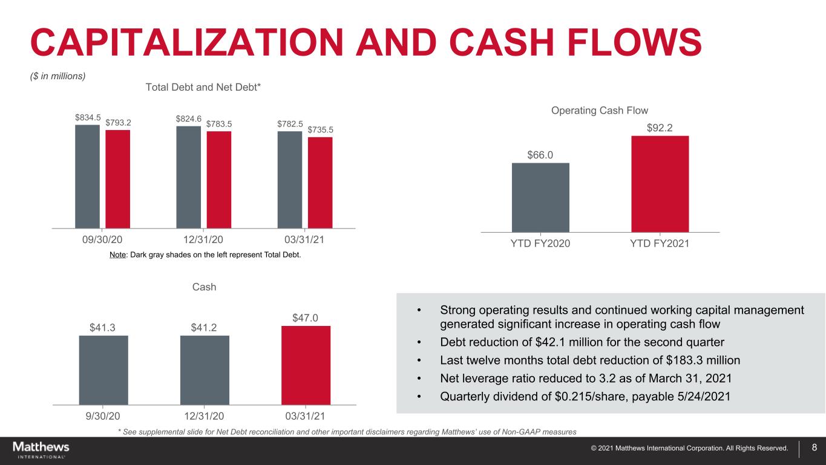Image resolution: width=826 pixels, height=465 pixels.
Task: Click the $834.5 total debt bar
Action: [87, 176]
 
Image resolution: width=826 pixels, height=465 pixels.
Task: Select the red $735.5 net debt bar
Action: [320, 182]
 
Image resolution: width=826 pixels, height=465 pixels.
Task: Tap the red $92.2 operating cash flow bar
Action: [660, 184]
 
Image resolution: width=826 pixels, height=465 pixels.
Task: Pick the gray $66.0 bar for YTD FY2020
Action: [540, 197]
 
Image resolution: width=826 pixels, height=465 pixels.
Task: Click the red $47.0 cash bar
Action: [306, 365]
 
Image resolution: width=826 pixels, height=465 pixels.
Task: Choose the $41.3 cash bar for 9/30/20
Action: [103, 369]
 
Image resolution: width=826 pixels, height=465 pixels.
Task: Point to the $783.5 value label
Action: [219, 124]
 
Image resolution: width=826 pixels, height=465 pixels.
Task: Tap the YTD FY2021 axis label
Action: [660, 244]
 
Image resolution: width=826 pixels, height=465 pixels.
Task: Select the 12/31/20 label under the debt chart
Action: [204, 239]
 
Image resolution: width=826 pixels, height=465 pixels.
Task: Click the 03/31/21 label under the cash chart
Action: [305, 417]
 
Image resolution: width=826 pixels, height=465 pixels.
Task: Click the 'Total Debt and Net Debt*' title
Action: [203, 88]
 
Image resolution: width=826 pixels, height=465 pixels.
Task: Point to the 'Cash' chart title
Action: [204, 287]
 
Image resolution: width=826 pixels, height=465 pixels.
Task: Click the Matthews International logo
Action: [41, 449]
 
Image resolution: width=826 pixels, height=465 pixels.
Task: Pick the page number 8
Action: [814, 448]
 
